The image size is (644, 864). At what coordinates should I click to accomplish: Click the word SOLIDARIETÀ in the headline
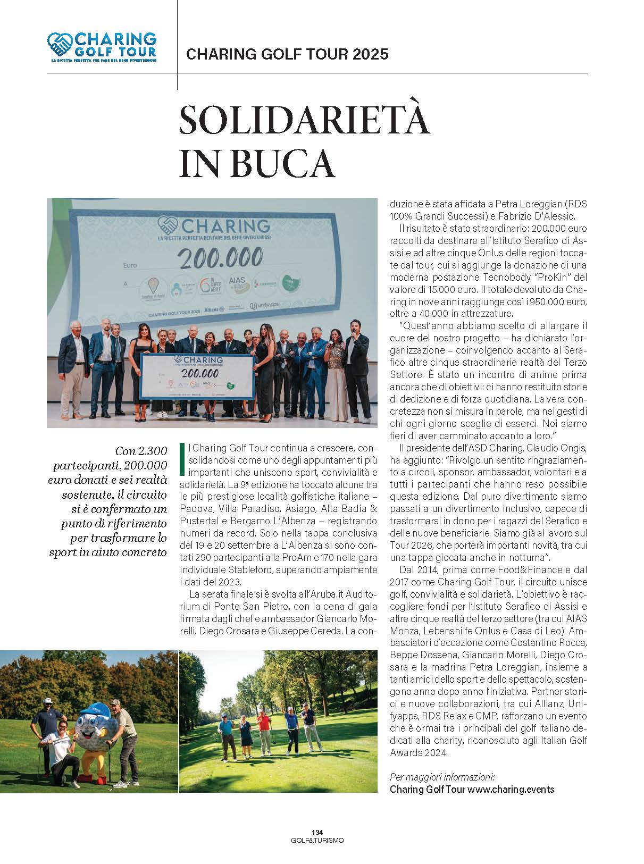[304, 121]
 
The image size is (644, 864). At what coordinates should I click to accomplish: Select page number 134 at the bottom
[317, 832]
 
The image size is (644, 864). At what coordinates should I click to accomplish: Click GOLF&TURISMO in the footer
[317, 840]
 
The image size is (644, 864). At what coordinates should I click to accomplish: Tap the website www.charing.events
[511, 789]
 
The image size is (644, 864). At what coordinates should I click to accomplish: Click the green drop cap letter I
[182, 459]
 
